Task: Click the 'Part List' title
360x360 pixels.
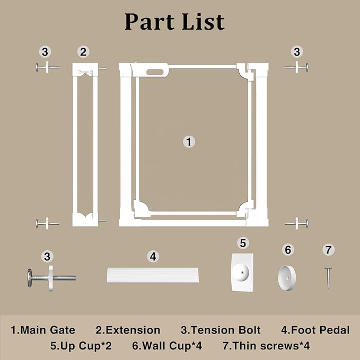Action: pyautogui.click(x=174, y=22)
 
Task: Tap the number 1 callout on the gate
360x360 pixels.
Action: pyautogui.click(x=189, y=142)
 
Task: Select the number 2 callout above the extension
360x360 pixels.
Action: pyautogui.click(x=83, y=51)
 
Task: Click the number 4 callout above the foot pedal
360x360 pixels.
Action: pyautogui.click(x=153, y=257)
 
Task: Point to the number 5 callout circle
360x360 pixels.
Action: pyautogui.click(x=243, y=243)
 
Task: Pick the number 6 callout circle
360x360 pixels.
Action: pyautogui.click(x=288, y=250)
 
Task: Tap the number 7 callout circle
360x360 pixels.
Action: pyautogui.click(x=329, y=250)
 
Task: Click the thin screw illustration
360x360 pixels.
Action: pyautogui.click(x=328, y=278)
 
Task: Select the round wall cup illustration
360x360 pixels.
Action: pyautogui.click(x=287, y=278)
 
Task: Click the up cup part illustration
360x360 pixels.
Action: pyautogui.click(x=242, y=273)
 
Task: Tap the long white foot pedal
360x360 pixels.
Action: pyautogui.click(x=153, y=275)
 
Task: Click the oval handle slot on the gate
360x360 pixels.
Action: pyautogui.click(x=155, y=72)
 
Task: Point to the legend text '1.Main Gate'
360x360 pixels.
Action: pyautogui.click(x=43, y=330)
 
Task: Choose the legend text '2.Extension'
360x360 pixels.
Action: pyautogui.click(x=128, y=330)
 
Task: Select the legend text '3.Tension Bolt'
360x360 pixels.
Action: pyautogui.click(x=221, y=330)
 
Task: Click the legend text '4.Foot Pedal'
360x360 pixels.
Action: pyautogui.click(x=315, y=330)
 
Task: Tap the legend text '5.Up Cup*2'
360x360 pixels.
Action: pyautogui.click(x=81, y=346)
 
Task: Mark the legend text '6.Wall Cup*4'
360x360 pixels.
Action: pyautogui.click(x=167, y=346)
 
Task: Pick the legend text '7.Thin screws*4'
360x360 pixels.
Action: pyautogui.click(x=266, y=346)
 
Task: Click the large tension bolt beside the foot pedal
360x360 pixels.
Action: pyautogui.click(x=51, y=278)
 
